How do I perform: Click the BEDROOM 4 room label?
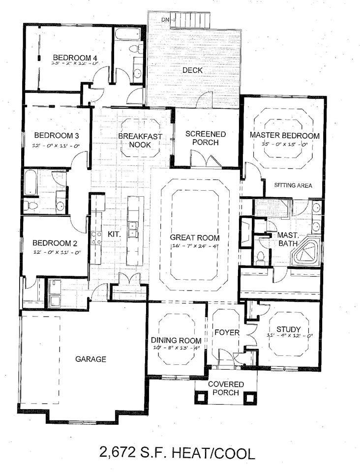[x=75, y=56]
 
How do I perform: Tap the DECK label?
[x=192, y=70]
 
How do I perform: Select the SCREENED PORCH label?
[x=206, y=138]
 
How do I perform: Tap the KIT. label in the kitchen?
[x=114, y=234]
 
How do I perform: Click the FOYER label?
[x=227, y=333]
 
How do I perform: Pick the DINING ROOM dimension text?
[x=176, y=348]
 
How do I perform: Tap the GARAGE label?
[x=90, y=359]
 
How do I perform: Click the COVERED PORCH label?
[x=226, y=388]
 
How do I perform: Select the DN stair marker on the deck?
[x=165, y=20]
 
